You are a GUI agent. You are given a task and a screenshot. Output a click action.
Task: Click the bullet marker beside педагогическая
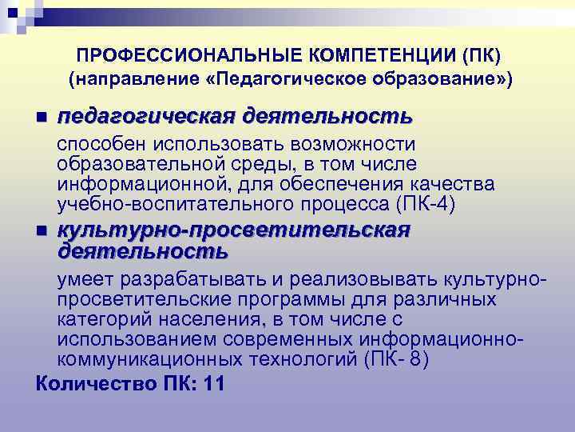pyautogui.click(x=42, y=118)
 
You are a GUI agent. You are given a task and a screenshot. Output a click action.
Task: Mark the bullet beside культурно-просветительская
pyautogui.click(x=42, y=231)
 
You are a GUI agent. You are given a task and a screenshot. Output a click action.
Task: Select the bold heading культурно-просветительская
pyautogui.click(x=232, y=230)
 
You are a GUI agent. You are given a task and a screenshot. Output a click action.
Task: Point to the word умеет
pyautogui.click(x=85, y=279)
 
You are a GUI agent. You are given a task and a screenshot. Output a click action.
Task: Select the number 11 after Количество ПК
pyautogui.click(x=214, y=383)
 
